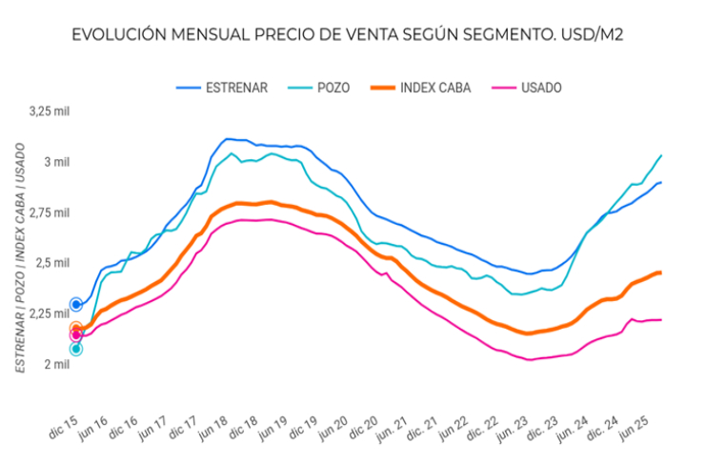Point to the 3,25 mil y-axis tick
pos(50,111)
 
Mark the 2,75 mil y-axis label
pos(50,212)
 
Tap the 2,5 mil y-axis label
pos(53,263)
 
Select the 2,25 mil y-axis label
pos(50,313)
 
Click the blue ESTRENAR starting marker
pos(76,304)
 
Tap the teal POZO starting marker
pos(76,349)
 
